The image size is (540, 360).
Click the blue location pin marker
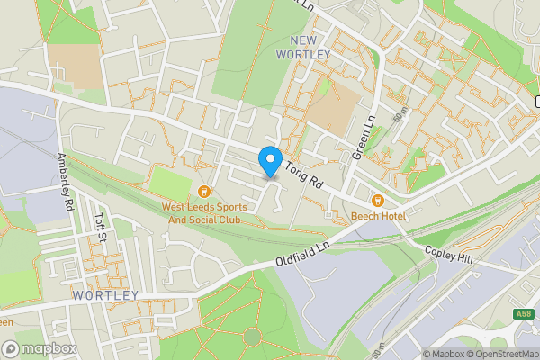(x=270, y=162)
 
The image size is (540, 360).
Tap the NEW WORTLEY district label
(x=311, y=47)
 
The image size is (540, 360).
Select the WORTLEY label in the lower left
(x=105, y=295)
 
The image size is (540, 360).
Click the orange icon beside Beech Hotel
(x=378, y=200)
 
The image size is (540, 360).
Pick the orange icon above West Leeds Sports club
(x=205, y=191)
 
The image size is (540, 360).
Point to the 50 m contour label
(x=399, y=113)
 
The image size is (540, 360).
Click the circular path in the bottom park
(x=252, y=337)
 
